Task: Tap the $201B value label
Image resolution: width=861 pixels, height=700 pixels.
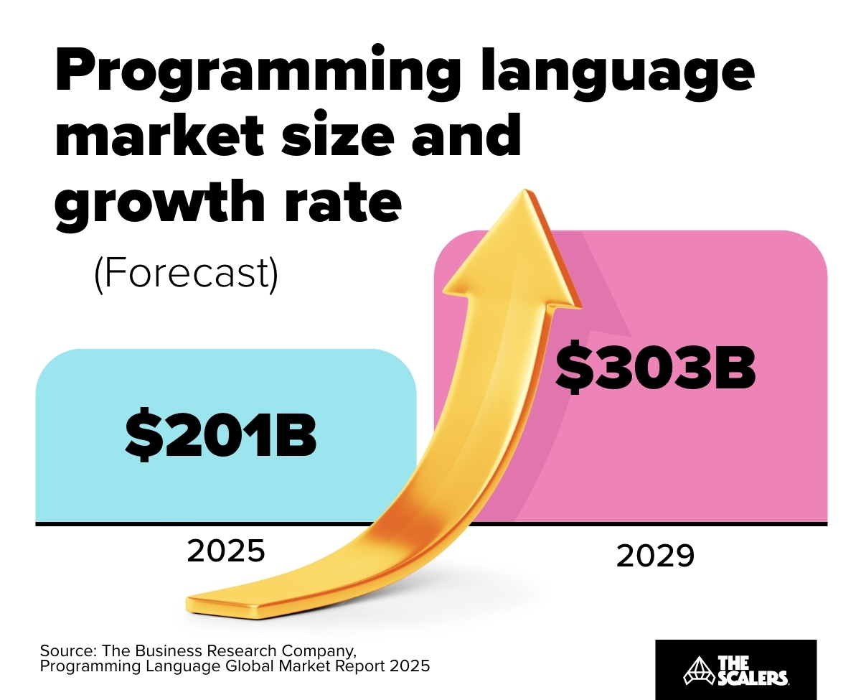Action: click(221, 434)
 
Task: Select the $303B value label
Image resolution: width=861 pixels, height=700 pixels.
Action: click(655, 368)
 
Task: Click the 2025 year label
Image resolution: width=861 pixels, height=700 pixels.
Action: click(226, 551)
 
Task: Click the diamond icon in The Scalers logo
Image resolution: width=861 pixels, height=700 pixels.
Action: click(694, 669)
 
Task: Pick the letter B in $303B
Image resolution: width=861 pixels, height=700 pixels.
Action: click(735, 368)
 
